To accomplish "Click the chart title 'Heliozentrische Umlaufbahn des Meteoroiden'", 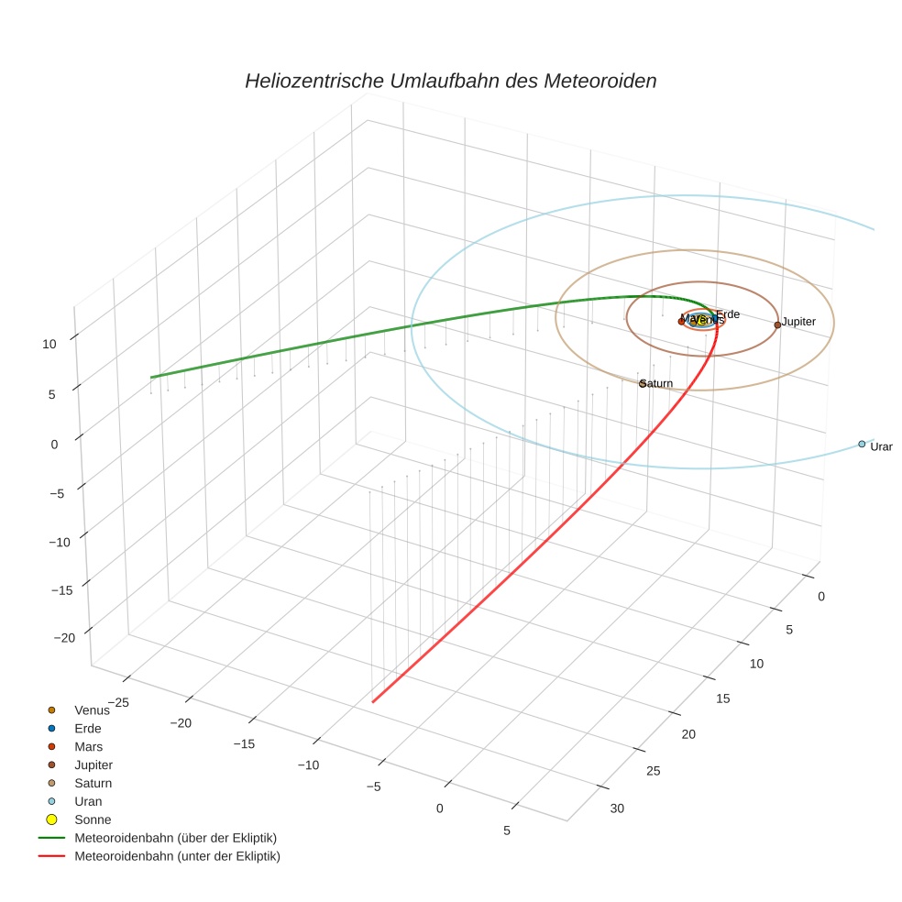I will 450,81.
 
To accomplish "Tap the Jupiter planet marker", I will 777,324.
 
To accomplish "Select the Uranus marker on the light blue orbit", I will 862,444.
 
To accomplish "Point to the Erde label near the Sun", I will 728,314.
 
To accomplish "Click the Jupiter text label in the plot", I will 798,322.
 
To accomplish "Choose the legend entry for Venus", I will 91,709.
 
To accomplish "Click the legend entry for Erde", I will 87,728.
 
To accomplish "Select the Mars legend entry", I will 88,746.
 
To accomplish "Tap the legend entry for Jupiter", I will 93,764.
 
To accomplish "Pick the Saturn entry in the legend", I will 93,783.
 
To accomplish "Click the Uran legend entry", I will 88,801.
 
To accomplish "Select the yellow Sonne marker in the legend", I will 52,819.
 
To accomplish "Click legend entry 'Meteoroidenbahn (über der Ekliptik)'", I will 175,838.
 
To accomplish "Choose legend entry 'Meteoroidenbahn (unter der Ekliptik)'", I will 177,856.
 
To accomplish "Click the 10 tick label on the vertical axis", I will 49,344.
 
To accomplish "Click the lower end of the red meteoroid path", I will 373,702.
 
